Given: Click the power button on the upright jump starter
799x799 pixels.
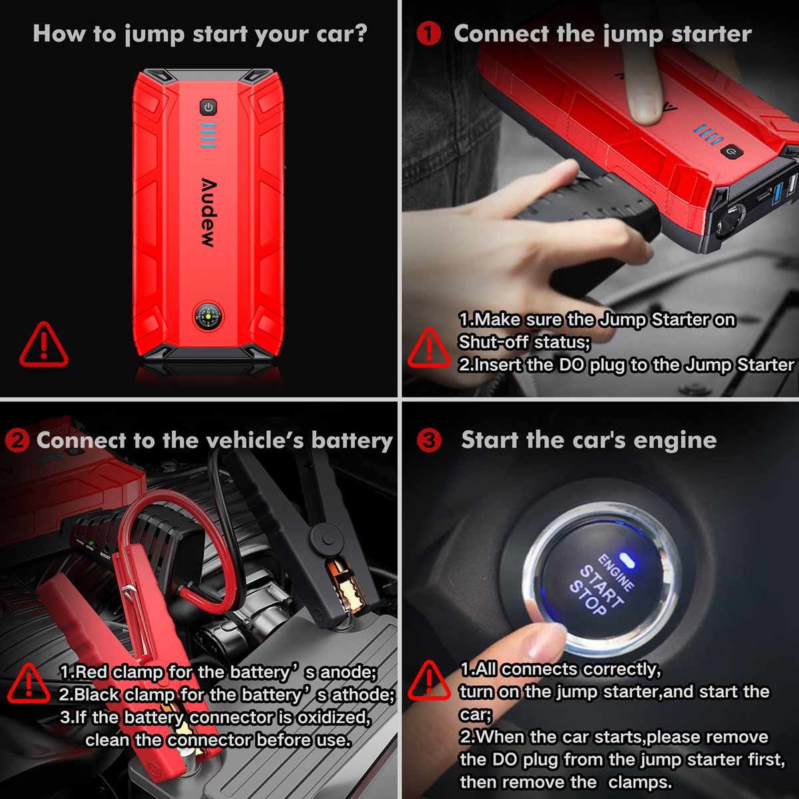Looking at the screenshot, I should pos(208,107).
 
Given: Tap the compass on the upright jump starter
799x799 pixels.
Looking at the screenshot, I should pos(208,316).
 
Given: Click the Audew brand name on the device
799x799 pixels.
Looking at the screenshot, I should pos(208,213).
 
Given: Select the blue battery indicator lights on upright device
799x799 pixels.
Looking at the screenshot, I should pos(208,135).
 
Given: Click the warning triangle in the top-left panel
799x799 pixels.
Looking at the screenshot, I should pos(43,345).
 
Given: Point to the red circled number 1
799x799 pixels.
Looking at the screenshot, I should pos(429,33).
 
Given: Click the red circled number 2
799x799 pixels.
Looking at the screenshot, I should pos(17,440).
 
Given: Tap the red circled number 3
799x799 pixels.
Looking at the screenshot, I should pos(429,440).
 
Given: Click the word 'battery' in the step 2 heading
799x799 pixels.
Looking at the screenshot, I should pos(352,440).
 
